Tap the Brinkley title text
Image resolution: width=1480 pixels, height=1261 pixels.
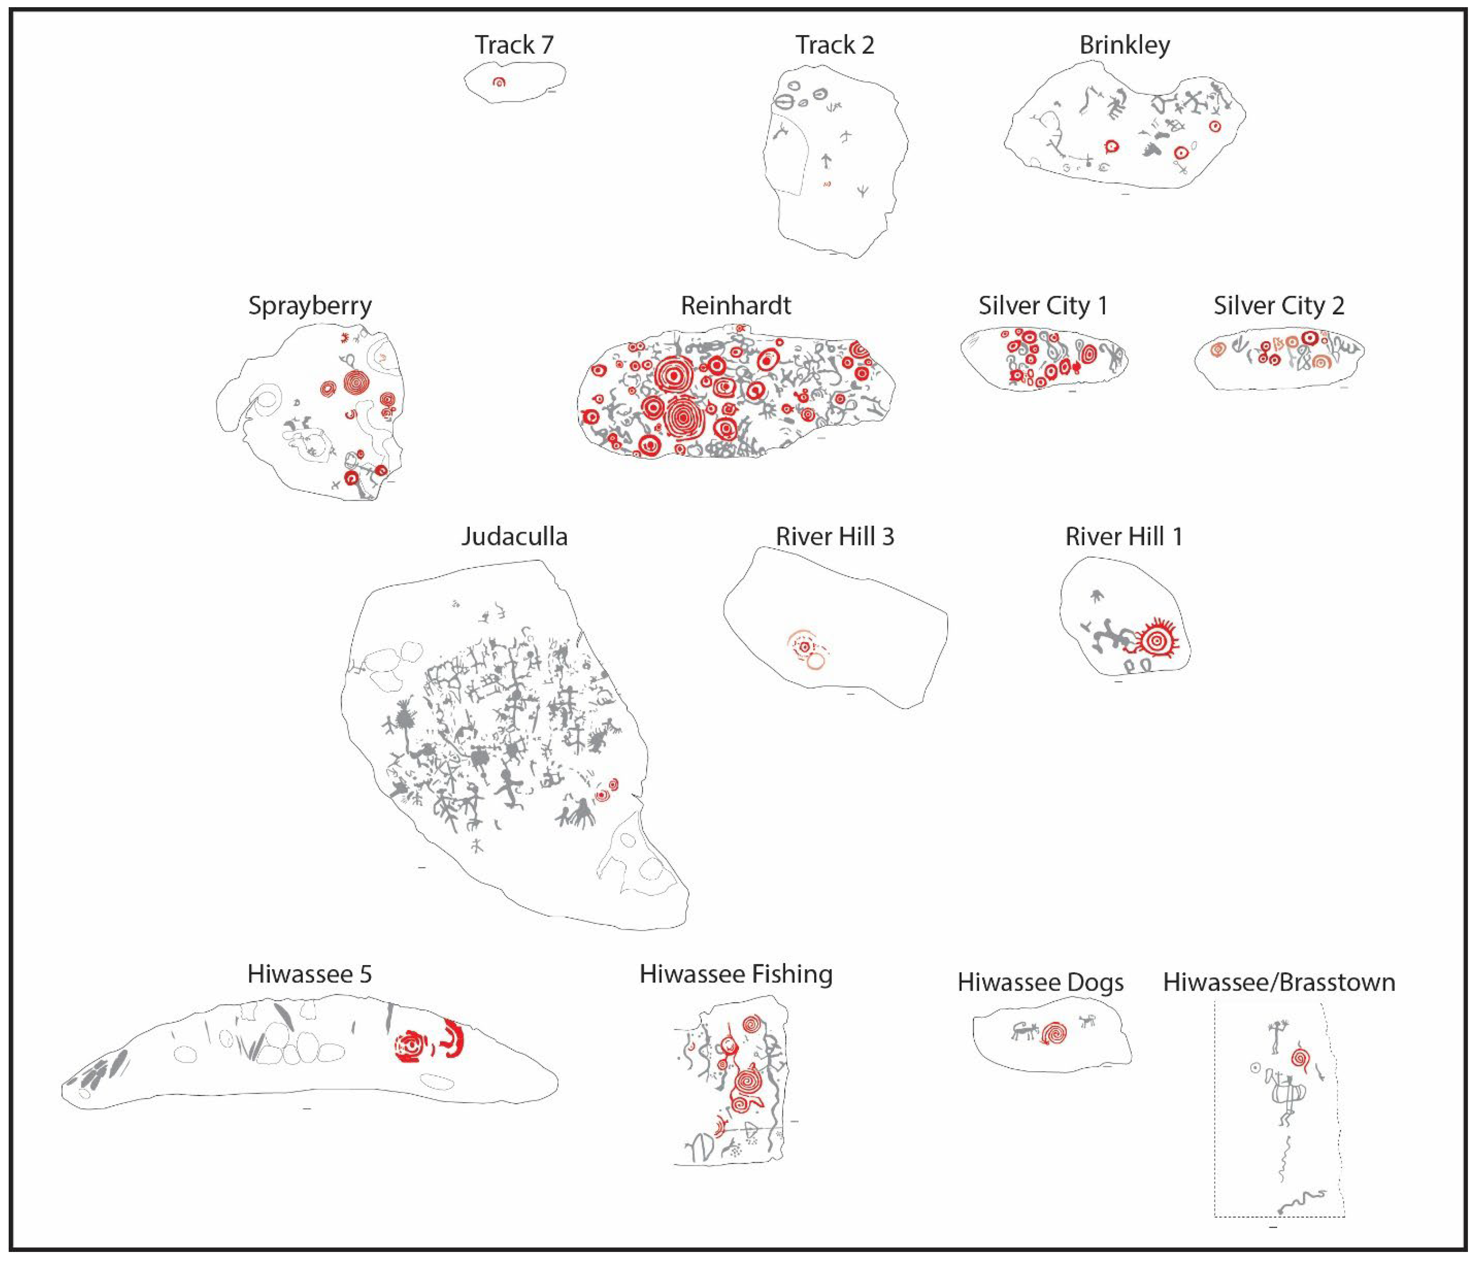click(x=1124, y=45)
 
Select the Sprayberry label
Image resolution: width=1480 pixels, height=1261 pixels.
click(x=309, y=306)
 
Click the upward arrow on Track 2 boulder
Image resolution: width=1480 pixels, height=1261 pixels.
click(x=826, y=161)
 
